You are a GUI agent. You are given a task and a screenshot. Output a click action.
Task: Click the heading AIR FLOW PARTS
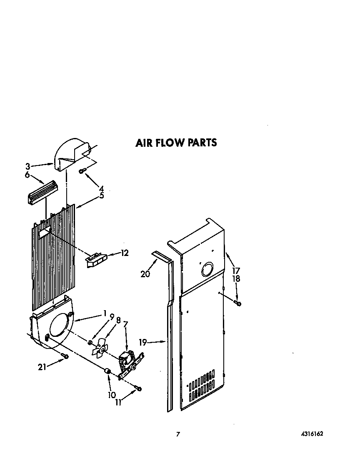pyautogui.click(x=176, y=143)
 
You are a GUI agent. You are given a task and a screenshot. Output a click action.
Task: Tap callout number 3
pyautogui.click(x=27, y=166)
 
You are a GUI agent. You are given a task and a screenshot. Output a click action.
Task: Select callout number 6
pyautogui.click(x=27, y=175)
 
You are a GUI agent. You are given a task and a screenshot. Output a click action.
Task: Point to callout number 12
pyautogui.click(x=124, y=253)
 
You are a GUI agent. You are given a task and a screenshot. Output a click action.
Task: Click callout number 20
pyautogui.click(x=145, y=273)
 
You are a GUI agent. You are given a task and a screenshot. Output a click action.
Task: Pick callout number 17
pyautogui.click(x=236, y=270)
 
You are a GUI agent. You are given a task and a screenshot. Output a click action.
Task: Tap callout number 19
pyautogui.click(x=143, y=342)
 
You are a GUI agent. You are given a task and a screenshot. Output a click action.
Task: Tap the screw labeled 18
pyautogui.click(x=238, y=303)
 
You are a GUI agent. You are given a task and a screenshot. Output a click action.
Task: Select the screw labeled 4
pyautogui.click(x=82, y=171)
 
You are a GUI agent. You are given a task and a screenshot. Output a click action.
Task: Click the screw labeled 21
pyautogui.click(x=65, y=355)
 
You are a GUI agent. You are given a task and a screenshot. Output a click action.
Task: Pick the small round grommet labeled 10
pyautogui.click(x=107, y=371)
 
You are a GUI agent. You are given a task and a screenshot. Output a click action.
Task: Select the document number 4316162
pyautogui.click(x=312, y=434)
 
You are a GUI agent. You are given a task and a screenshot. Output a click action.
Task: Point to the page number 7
pyautogui.click(x=178, y=434)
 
